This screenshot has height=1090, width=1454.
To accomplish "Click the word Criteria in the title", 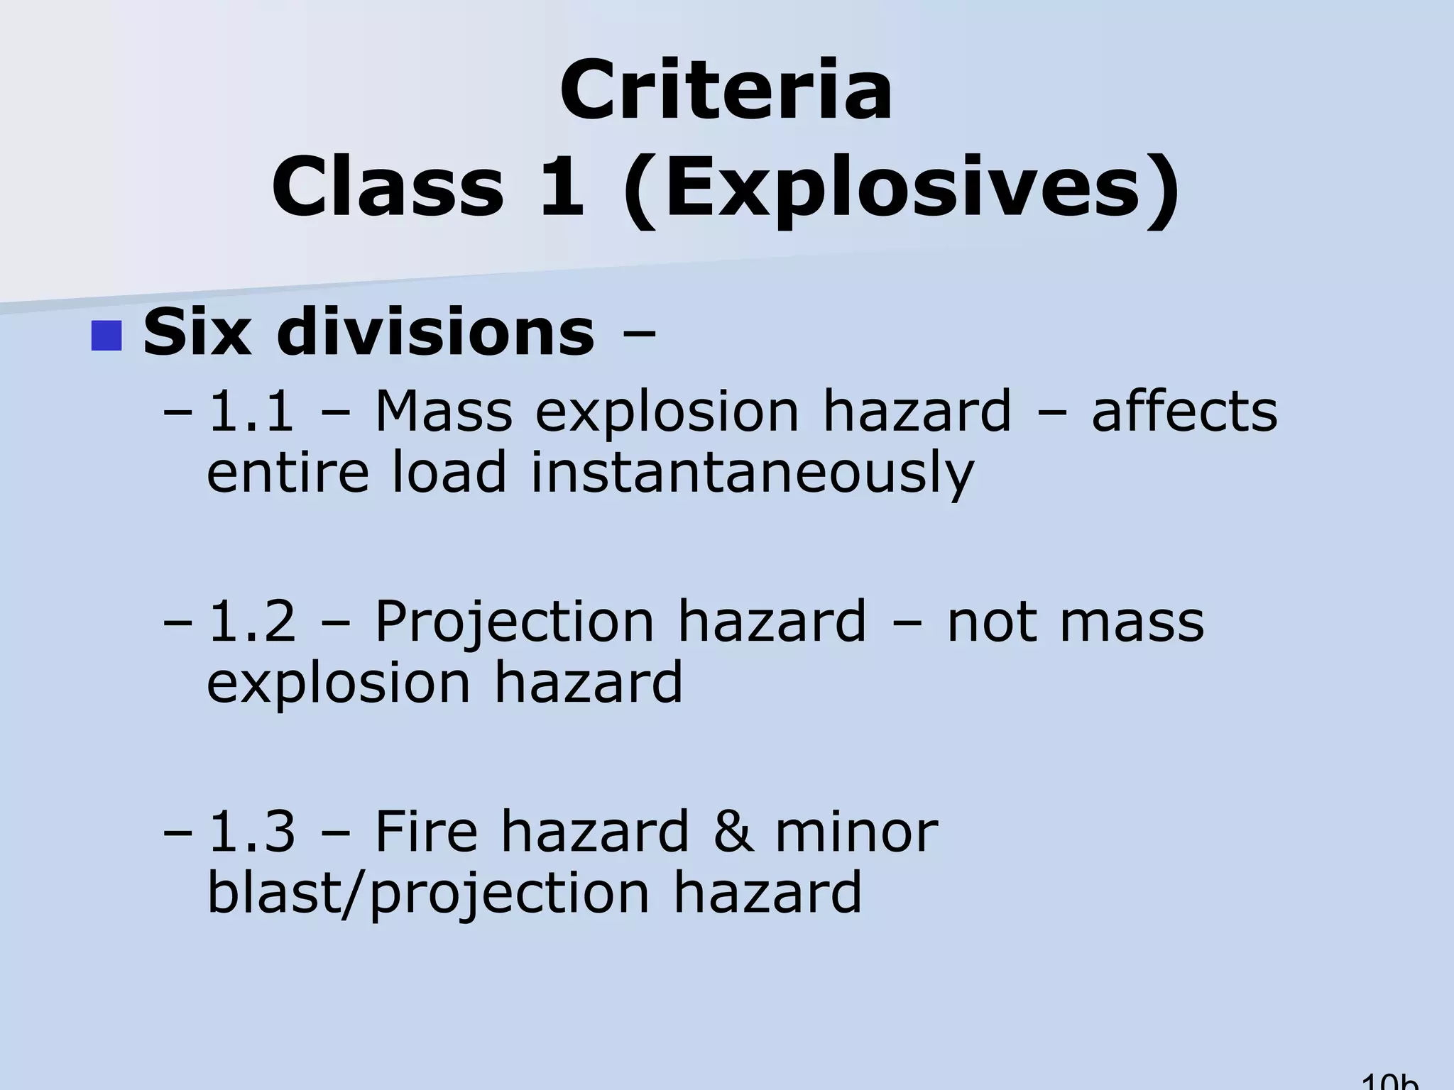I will (726, 91).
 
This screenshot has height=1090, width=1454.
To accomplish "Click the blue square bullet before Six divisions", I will (107, 336).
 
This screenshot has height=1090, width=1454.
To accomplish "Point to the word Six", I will (197, 332).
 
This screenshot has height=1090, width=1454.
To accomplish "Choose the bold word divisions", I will (436, 332).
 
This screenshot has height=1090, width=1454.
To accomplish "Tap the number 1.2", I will (251, 621).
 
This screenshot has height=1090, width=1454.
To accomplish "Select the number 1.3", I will (251, 831).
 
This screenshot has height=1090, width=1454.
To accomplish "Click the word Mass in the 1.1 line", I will (443, 411).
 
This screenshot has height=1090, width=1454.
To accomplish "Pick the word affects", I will (1184, 411).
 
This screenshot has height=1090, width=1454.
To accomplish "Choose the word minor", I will (856, 831).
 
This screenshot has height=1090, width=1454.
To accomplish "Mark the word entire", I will (288, 472).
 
